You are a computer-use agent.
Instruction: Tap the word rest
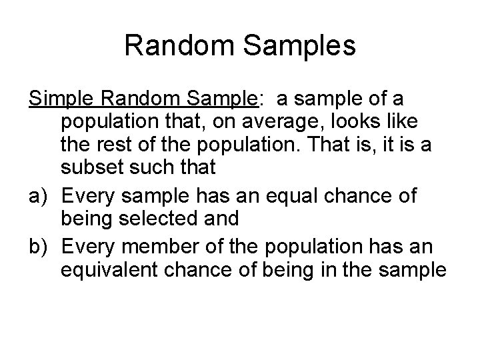[115, 145]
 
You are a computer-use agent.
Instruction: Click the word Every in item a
[87, 196]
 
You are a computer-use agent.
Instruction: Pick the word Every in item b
[87, 247]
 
